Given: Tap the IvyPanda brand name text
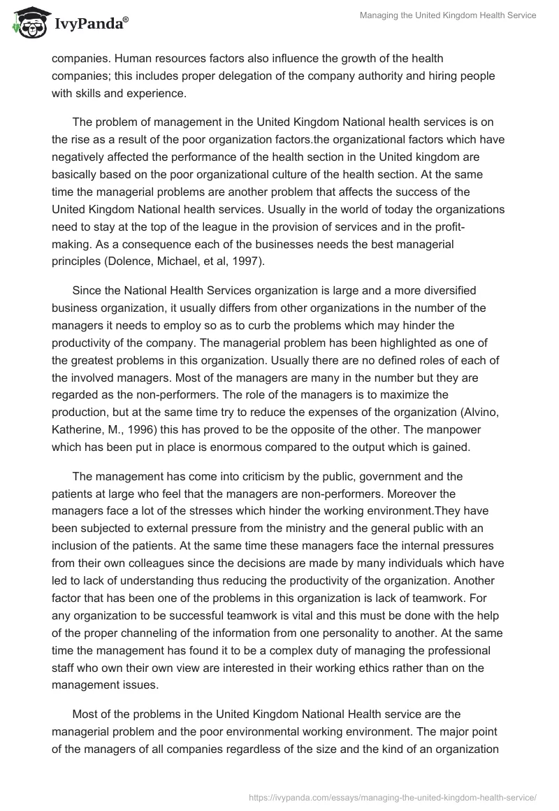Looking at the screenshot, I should (87, 24).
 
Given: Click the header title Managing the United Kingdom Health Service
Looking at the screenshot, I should (448, 15).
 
